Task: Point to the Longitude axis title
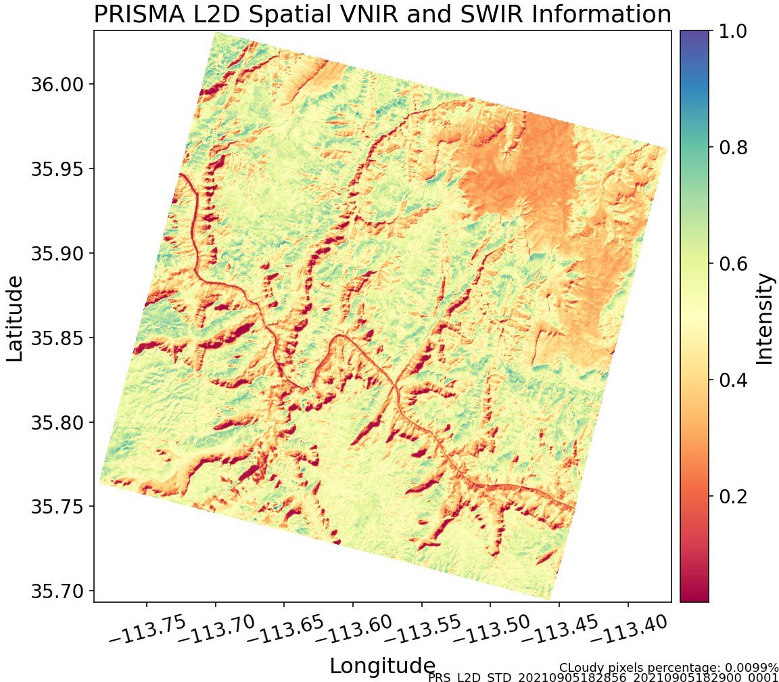point(382,666)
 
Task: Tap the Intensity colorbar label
point(764,318)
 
